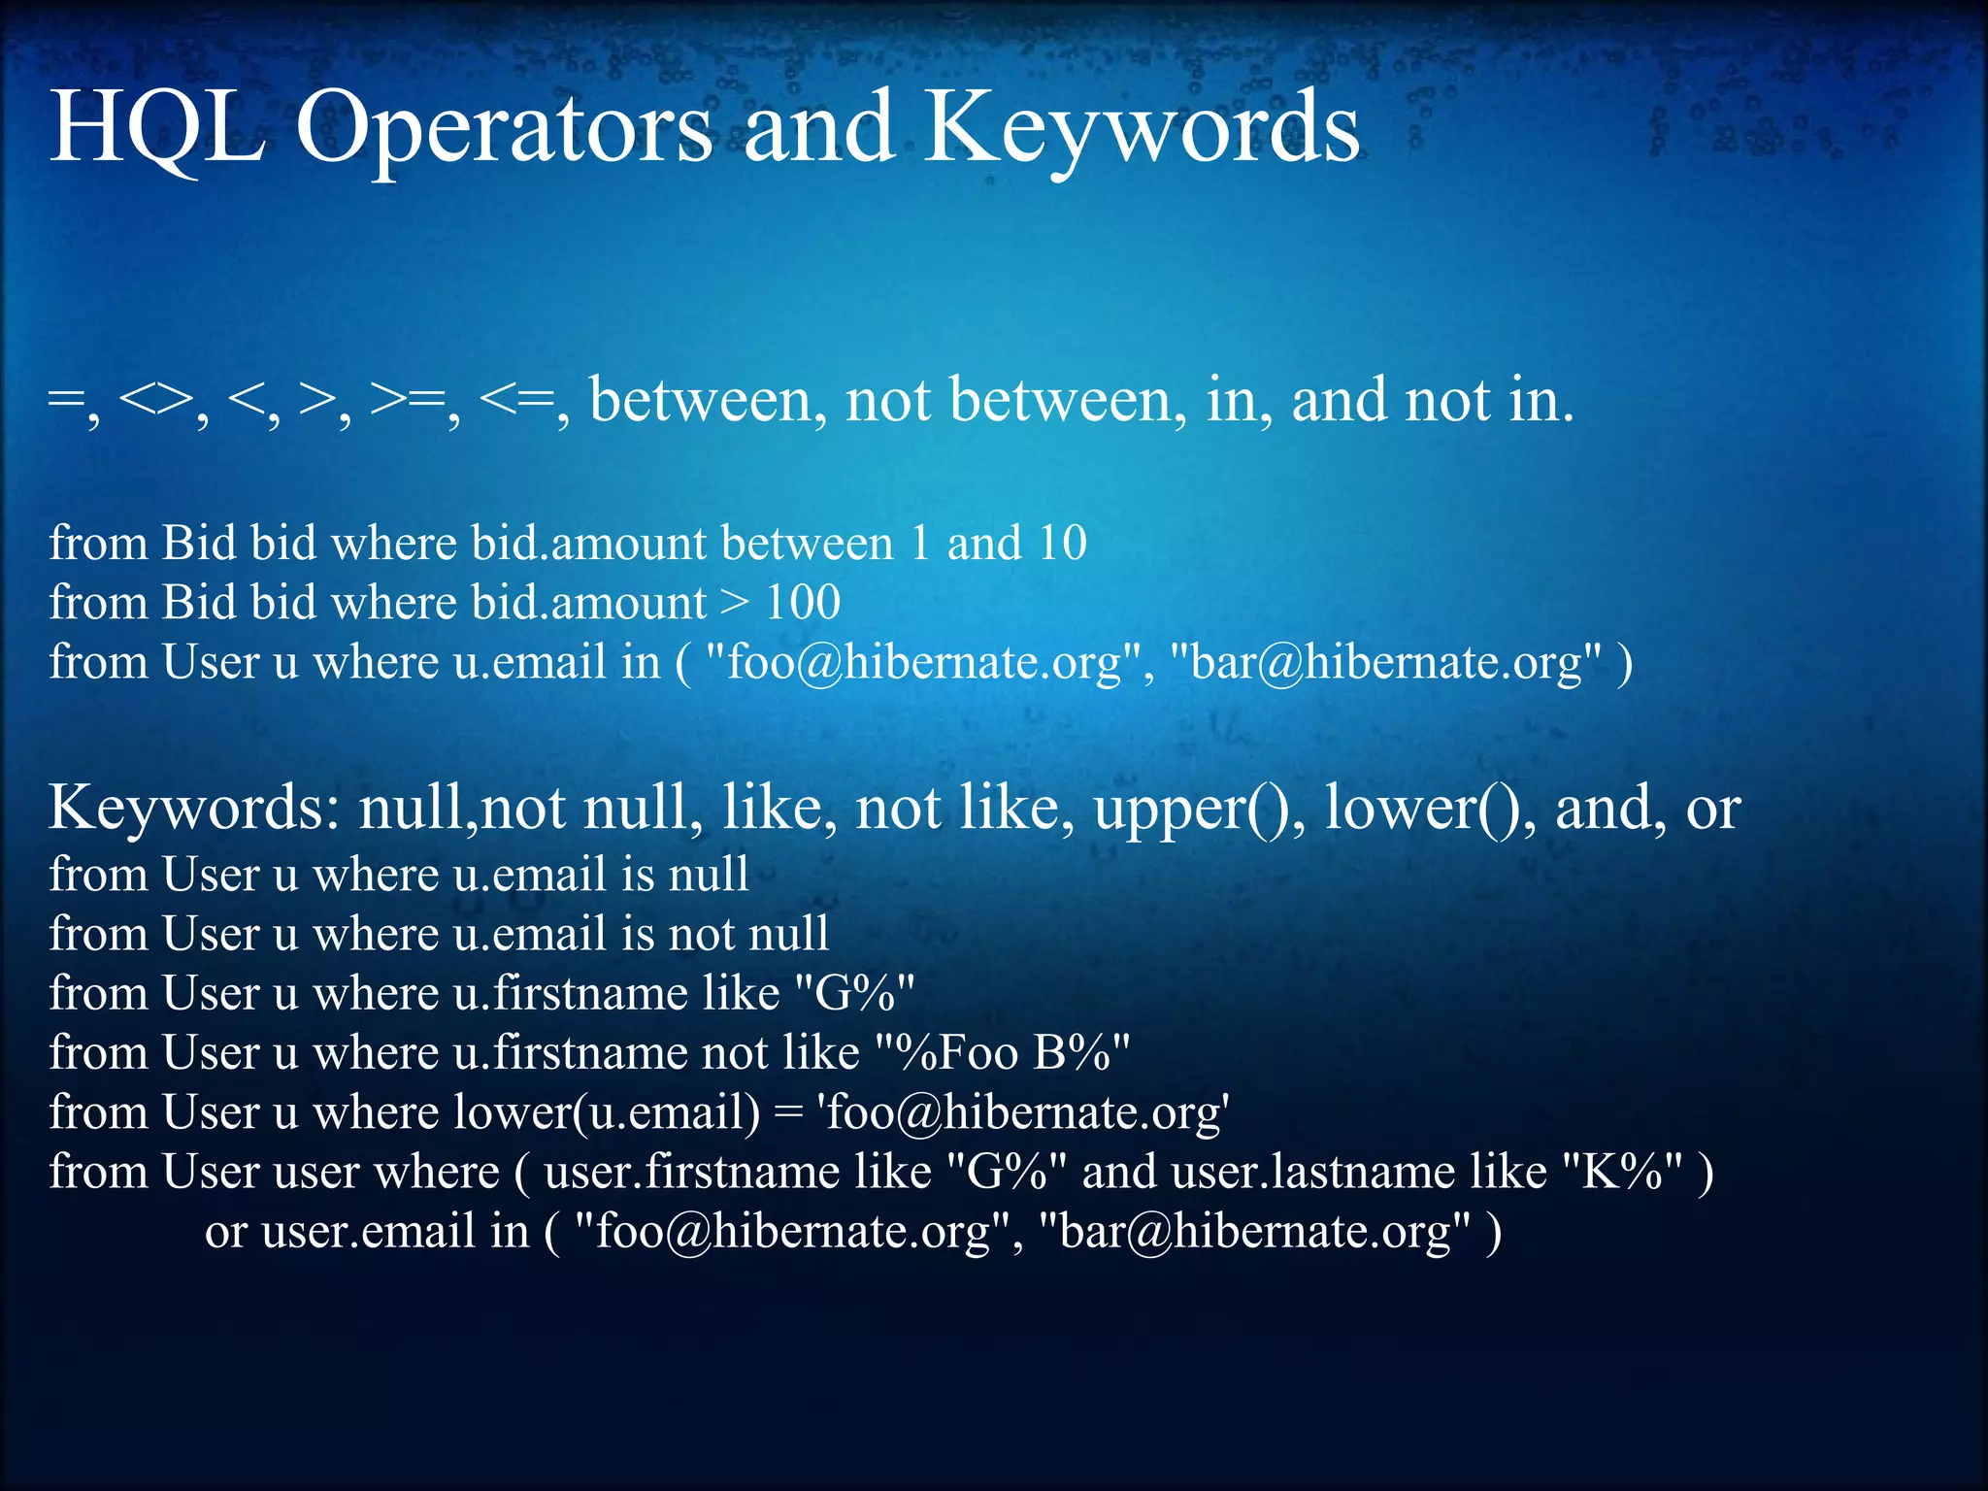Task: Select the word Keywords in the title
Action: [1141, 131]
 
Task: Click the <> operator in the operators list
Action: [155, 401]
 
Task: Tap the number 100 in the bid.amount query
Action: [803, 603]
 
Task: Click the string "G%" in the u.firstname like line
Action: [854, 993]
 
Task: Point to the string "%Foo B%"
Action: [1003, 1053]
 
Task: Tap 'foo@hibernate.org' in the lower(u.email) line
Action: [1025, 1112]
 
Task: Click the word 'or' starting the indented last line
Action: [225, 1232]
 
